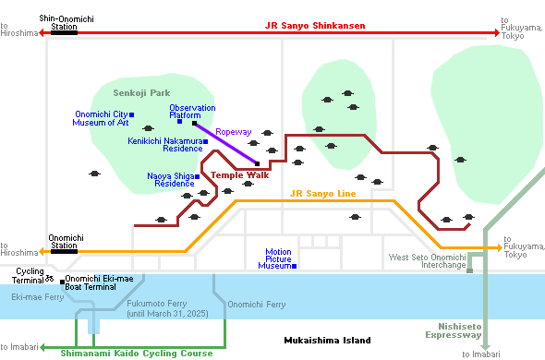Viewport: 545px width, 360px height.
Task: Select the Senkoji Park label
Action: pyautogui.click(x=141, y=93)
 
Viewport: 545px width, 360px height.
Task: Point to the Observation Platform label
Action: pyautogui.click(x=192, y=112)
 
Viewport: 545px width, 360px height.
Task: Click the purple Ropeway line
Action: pyautogui.click(x=226, y=143)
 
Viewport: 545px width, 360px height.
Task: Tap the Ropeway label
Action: pyautogui.click(x=233, y=132)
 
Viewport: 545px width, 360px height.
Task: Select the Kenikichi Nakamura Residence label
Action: pyautogui.click(x=167, y=144)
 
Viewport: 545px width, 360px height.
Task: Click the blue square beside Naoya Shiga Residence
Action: pyautogui.click(x=198, y=175)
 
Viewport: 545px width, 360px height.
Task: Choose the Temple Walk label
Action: pyautogui.click(x=239, y=174)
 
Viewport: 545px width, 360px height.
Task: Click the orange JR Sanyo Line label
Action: pyautogui.click(x=322, y=194)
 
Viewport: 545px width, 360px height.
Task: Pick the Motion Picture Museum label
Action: pyautogui.click(x=278, y=258)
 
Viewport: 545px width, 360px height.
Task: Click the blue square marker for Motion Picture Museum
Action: pyautogui.click(x=295, y=266)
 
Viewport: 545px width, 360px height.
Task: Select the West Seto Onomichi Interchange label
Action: pyautogui.click(x=426, y=262)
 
